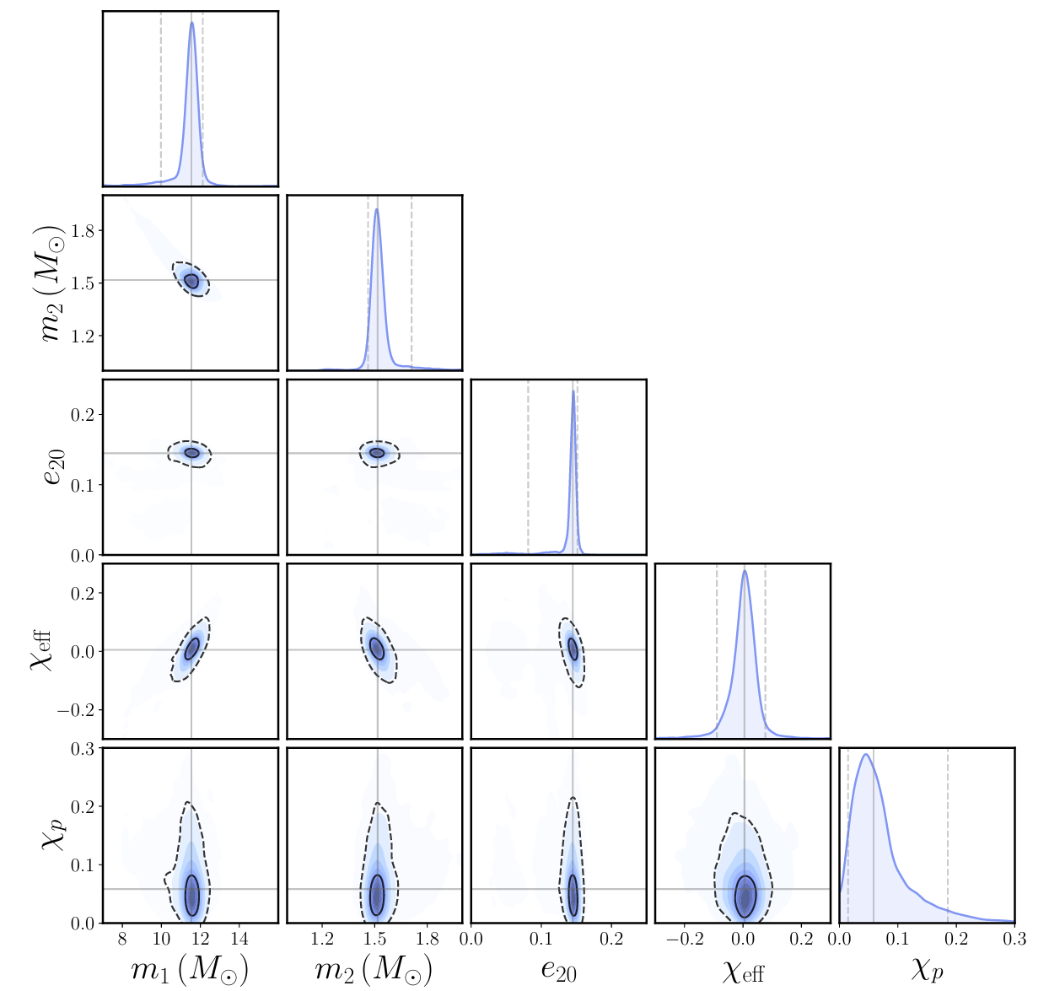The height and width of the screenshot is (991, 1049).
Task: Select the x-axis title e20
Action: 558,971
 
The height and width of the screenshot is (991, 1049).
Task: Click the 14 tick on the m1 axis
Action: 239,939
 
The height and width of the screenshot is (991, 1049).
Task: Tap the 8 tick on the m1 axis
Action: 122,939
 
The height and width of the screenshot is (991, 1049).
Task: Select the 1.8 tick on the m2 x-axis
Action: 428,939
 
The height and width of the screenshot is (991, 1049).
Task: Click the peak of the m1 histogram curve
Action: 191,23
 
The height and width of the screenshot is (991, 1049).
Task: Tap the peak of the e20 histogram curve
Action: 573,390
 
